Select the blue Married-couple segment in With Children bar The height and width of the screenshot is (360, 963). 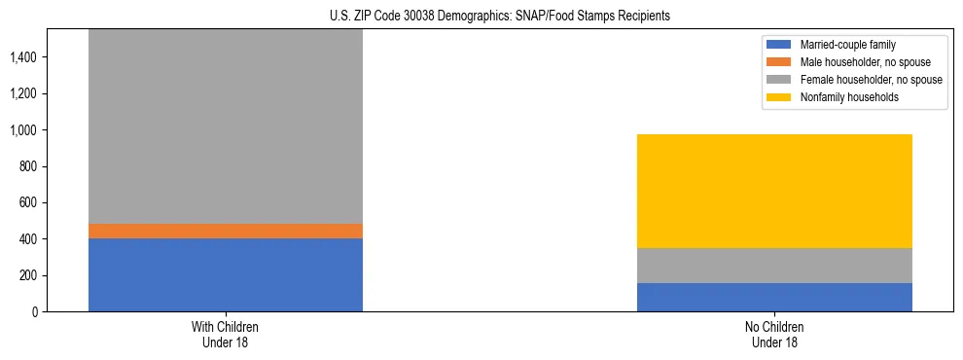coord(225,274)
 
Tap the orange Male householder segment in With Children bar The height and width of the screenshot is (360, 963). coord(225,231)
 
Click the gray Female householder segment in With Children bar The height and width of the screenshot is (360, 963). coord(225,126)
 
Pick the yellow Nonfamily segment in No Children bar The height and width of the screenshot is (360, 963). coord(774,191)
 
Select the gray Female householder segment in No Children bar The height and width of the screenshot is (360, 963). coord(774,266)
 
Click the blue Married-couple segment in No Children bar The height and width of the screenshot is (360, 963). coord(774,297)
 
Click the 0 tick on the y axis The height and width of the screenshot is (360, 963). coord(33,312)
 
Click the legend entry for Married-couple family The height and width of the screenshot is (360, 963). coord(847,45)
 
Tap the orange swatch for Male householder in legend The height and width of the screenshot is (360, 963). coord(779,62)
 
